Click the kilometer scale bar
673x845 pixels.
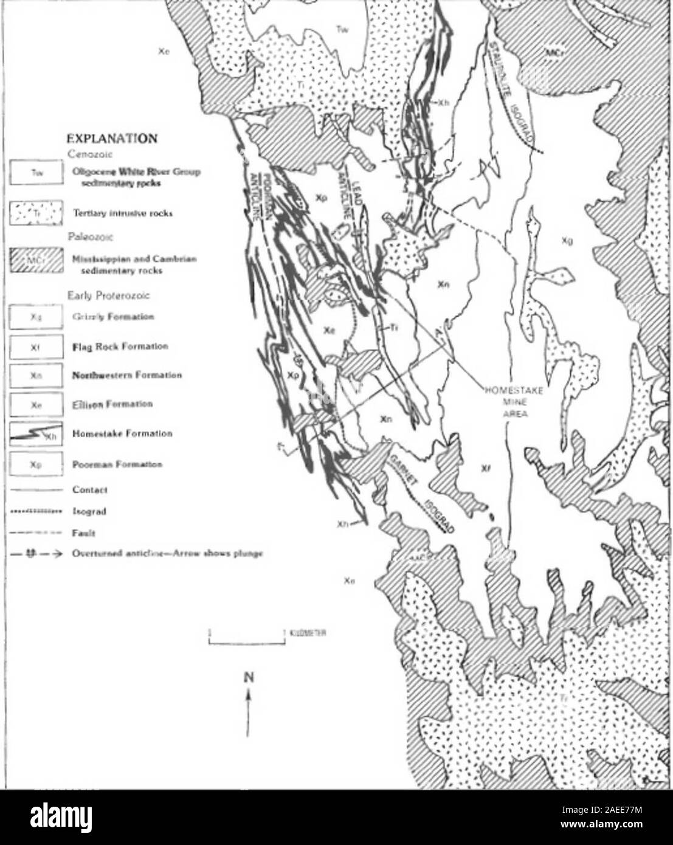click(x=246, y=638)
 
